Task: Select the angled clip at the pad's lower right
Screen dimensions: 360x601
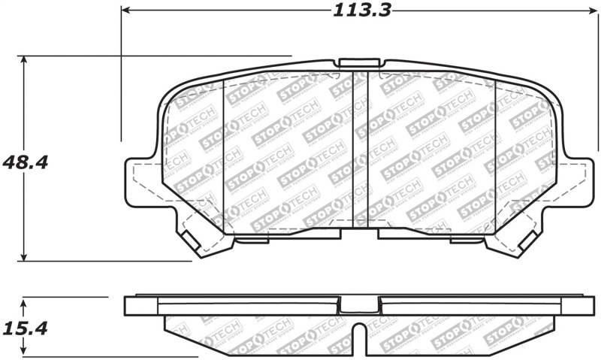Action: pyautogui.click(x=526, y=241)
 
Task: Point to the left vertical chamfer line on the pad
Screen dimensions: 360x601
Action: pyautogui.click(x=225, y=150)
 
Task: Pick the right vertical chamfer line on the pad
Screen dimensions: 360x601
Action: pyautogui.click(x=495, y=150)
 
